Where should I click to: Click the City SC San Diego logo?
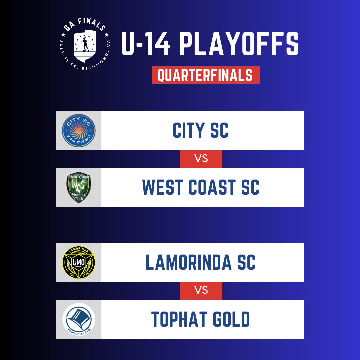pyautogui.click(x=79, y=130)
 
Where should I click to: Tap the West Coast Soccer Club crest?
pyautogui.click(x=79, y=187)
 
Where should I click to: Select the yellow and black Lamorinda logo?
pyautogui.click(x=79, y=262)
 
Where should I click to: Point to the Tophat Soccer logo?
pyautogui.click(x=79, y=319)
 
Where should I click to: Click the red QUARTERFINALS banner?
pyautogui.click(x=206, y=75)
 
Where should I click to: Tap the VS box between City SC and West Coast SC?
pyautogui.click(x=201, y=159)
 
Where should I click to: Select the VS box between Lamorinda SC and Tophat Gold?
pyautogui.click(x=201, y=291)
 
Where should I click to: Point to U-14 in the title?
pyautogui.click(x=146, y=44)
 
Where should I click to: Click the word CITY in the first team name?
pyautogui.click(x=188, y=130)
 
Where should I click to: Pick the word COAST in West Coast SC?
pyautogui.click(x=212, y=187)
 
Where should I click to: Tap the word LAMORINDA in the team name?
pyautogui.click(x=188, y=262)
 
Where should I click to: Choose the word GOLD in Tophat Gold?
pyautogui.click(x=231, y=319)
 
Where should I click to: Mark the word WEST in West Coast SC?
pyautogui.click(x=163, y=187)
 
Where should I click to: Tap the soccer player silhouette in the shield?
pyautogui.click(x=84, y=44)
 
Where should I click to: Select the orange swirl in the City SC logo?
pyautogui.click(x=79, y=130)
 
